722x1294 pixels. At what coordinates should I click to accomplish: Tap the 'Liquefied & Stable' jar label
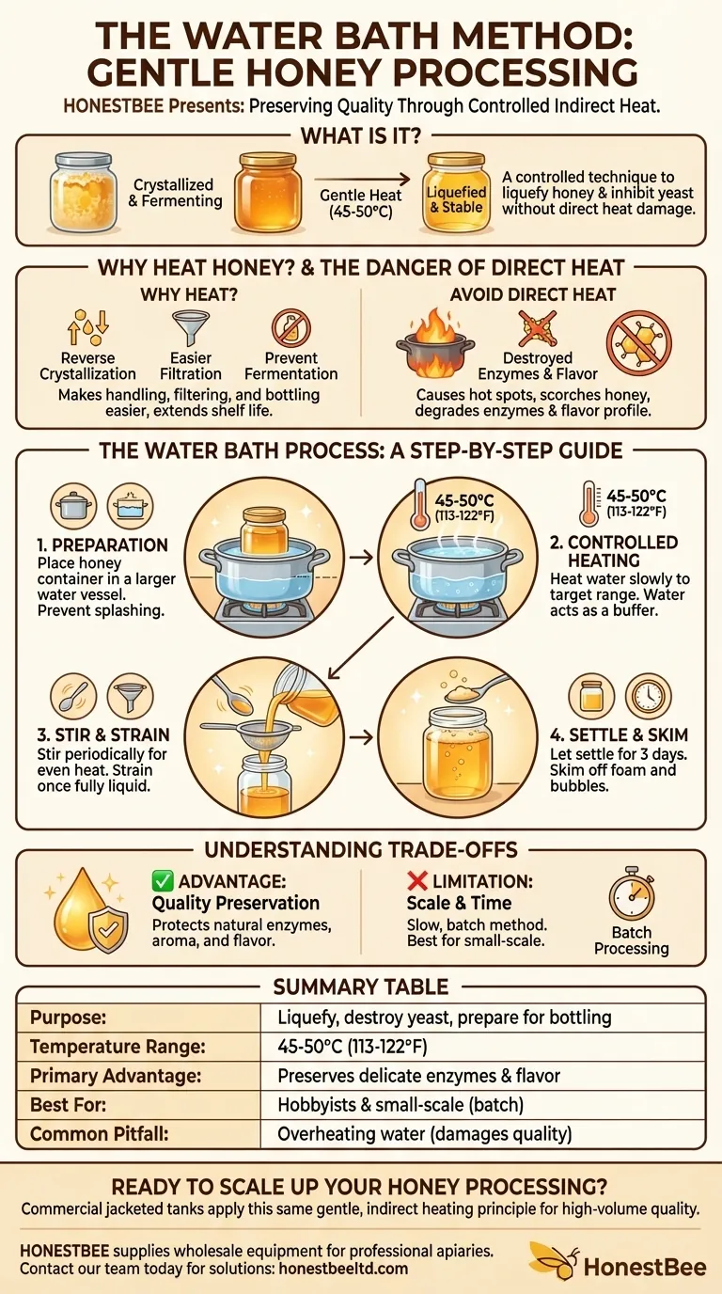pos(456,199)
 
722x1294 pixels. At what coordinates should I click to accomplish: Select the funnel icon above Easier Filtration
pos(191,329)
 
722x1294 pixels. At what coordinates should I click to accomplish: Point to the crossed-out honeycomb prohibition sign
pos(638,343)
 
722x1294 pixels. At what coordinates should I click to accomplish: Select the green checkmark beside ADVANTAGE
pos(162,881)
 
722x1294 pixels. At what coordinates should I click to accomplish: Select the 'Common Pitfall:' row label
pos(99,1133)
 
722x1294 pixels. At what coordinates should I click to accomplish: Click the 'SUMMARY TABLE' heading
pos(360,986)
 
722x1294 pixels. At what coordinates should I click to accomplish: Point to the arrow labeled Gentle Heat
pos(362,179)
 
